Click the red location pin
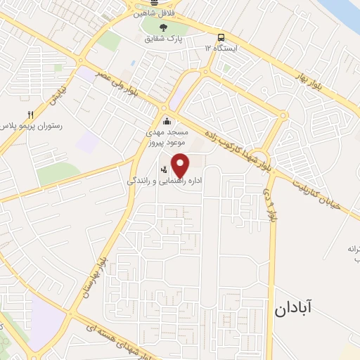pyautogui.click(x=181, y=165)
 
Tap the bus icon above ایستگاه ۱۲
pyautogui.click(x=221, y=37)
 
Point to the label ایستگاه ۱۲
pyautogui.click(x=221, y=49)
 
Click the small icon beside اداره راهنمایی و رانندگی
pyautogui.click(x=164, y=169)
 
